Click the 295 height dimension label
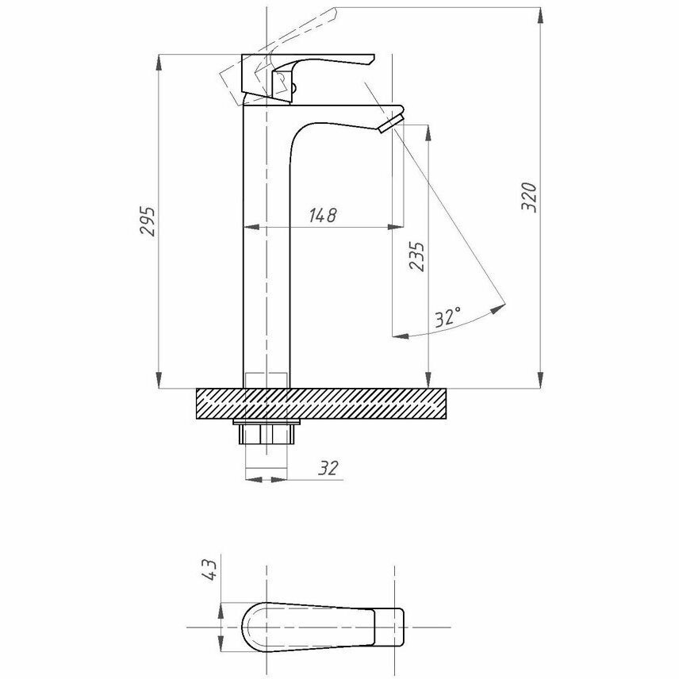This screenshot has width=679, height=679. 148,221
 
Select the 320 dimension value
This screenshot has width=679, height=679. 529,198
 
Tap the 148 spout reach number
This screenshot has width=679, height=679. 323,215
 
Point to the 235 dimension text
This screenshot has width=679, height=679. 417,257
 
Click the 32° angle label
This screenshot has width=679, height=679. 447,317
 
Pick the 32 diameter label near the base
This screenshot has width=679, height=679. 328,468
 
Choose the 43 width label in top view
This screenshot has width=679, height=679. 209,570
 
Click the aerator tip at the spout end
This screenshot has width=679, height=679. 391,124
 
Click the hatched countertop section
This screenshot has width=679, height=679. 321,404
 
